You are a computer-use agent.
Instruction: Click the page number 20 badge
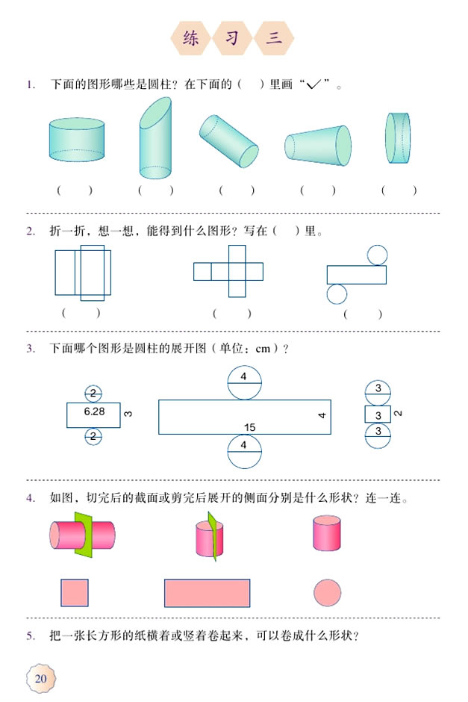point(40,677)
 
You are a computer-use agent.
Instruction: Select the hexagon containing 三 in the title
point(274,39)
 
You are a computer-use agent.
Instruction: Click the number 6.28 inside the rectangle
point(93,411)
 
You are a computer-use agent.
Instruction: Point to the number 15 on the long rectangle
point(249,427)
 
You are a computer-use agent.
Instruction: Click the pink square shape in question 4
point(75,593)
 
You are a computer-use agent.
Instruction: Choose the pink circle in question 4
point(327,593)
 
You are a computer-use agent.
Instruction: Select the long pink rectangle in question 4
point(207,593)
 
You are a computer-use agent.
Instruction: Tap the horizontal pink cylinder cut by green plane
point(82,535)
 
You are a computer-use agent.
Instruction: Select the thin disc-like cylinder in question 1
point(398,138)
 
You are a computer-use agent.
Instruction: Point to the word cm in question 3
point(262,348)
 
